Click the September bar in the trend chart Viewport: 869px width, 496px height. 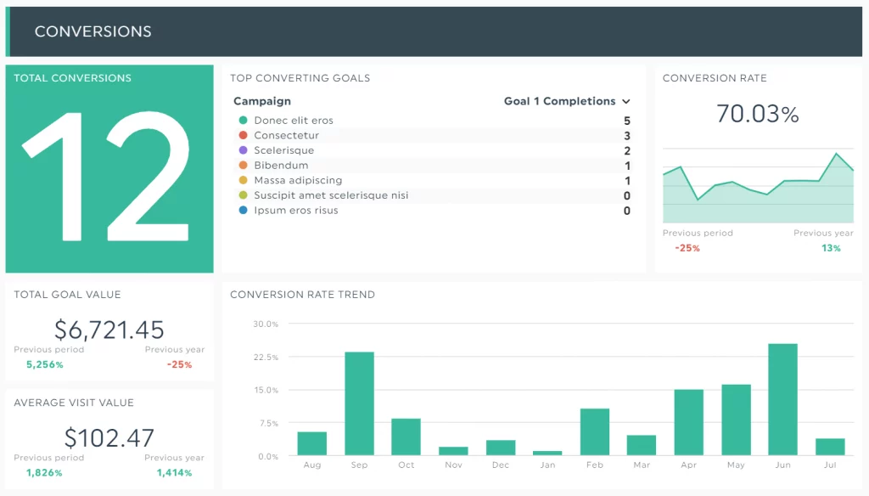(359, 404)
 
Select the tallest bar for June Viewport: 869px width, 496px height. (782, 400)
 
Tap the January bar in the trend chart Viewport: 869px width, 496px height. (547, 454)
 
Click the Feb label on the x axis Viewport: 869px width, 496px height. (594, 465)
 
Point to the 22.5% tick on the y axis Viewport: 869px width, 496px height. (266, 358)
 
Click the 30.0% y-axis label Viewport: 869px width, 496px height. (266, 324)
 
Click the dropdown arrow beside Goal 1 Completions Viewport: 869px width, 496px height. (626, 101)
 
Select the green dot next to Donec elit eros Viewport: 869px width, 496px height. (244, 121)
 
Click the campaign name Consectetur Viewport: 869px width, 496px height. (286, 136)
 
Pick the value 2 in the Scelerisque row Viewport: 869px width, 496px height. (627, 150)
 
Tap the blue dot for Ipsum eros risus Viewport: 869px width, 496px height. (244, 211)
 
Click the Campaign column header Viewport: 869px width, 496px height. (262, 101)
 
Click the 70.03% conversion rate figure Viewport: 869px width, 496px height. (757, 114)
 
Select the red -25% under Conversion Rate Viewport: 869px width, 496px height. (687, 248)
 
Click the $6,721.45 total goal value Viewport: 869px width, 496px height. (109, 330)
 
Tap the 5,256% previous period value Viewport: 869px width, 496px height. (45, 364)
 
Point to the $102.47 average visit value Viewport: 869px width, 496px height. (109, 437)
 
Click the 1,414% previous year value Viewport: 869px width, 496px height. (174, 472)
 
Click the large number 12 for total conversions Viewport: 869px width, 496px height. (108, 174)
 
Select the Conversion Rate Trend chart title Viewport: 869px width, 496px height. (302, 295)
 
